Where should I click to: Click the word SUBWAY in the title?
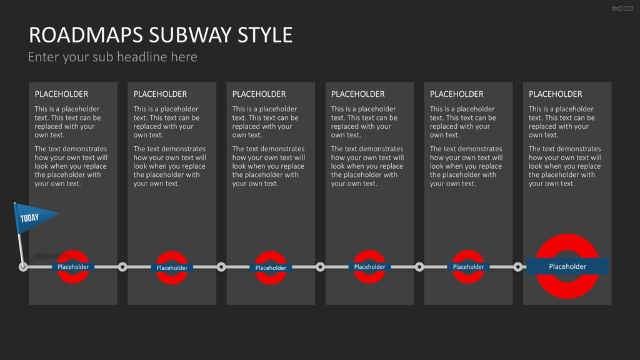coord(191,35)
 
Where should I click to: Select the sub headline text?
coord(112,57)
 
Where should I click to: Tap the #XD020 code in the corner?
coord(622,9)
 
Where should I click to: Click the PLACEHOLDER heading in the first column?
coord(61,94)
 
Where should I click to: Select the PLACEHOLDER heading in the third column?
coord(259,94)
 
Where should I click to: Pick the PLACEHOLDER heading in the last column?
coord(555,94)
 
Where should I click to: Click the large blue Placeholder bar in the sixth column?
coord(567,266)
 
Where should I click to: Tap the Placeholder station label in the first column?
coord(73,267)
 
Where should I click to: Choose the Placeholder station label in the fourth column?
coord(369,267)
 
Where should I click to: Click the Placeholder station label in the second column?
coord(172,267)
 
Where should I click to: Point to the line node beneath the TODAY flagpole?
coord(23,267)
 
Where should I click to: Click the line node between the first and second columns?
coord(122,267)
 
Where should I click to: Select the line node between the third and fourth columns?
coord(321,267)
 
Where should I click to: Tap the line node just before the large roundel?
coord(518,267)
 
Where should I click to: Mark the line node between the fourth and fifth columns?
coord(419,267)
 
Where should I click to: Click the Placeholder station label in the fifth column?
coord(468,267)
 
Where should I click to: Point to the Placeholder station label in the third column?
coord(271,267)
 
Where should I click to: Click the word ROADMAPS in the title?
coord(86,35)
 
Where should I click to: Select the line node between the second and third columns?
coord(221,267)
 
